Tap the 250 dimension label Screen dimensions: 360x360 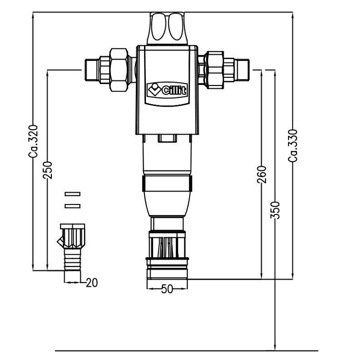pos(48,169)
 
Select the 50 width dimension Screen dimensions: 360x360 pos(167,289)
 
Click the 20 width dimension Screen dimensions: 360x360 pos(91,283)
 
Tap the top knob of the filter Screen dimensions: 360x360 pos(167,28)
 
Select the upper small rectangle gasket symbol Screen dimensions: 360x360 pos(72,194)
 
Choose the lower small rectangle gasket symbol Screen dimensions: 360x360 pos(72,206)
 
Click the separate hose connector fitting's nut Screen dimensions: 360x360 pos(72,235)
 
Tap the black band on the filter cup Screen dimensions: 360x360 pos(167,184)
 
